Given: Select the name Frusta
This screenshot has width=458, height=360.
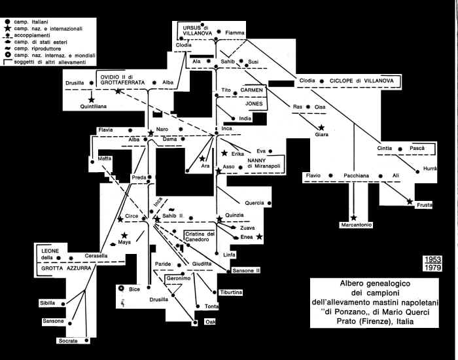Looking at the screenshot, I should point(425,205).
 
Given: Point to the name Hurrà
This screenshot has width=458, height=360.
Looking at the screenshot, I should point(430,170).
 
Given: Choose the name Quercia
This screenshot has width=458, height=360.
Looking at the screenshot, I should point(255,202).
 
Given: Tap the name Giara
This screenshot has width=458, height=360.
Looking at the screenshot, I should point(322,135).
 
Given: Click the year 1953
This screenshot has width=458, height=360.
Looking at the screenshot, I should point(432,259).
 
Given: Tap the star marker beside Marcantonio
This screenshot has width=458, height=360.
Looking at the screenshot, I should point(354,217).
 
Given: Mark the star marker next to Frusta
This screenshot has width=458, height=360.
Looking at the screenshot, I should point(410,202).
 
